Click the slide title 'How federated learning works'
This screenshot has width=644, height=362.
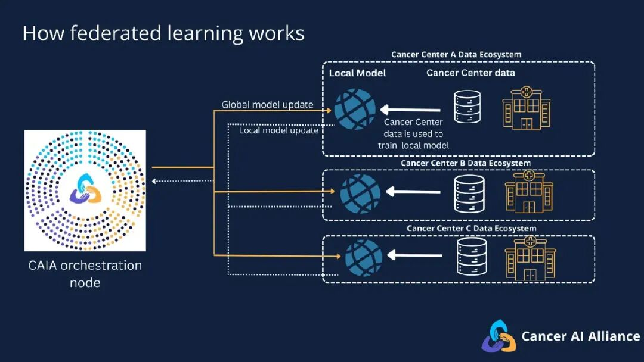pos(163,33)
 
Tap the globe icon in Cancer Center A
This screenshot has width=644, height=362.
pos(354,110)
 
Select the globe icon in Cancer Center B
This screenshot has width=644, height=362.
pos(360,194)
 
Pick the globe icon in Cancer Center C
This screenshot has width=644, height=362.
pos(364,258)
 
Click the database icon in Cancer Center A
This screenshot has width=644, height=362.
pos(467,107)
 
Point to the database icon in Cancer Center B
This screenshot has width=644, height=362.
pos(469,194)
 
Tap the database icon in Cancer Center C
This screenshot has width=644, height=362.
pos(472,257)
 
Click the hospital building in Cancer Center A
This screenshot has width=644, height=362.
pos(527,108)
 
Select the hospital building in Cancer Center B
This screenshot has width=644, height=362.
pos(529,192)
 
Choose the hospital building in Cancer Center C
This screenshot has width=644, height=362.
pos(530,258)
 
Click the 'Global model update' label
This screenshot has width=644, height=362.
pos(267,105)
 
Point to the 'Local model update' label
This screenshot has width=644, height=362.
pos(279,130)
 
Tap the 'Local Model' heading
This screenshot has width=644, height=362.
pos(357,73)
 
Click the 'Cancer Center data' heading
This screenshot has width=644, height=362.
pos(470,73)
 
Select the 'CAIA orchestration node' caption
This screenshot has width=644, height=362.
pos(85,274)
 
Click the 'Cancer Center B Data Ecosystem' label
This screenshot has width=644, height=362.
pos(466,163)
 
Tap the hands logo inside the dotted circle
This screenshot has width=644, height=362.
pos(85,189)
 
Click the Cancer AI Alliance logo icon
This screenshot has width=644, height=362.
pos(499,336)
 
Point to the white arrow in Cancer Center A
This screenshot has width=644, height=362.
pos(410,110)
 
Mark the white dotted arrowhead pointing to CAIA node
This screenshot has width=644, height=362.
pos(154,181)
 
